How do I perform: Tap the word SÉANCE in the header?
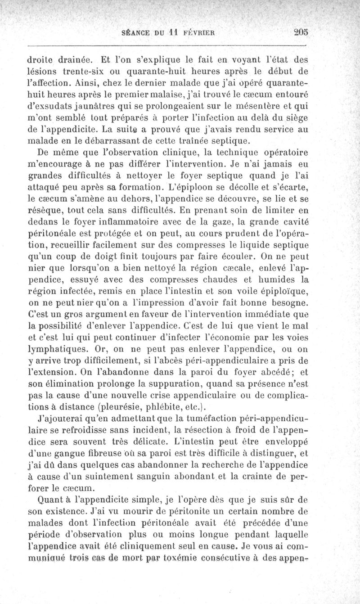coord(137,32)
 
